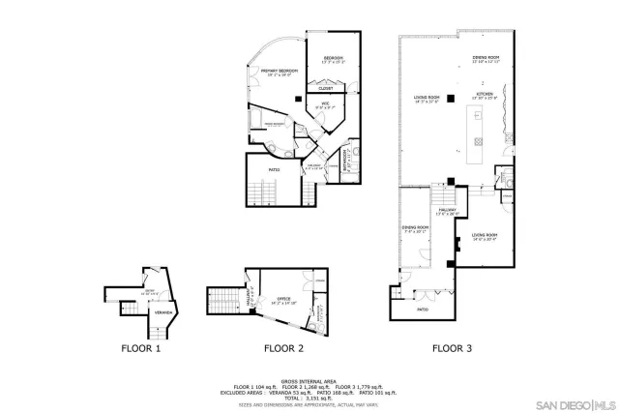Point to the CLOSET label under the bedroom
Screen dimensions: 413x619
point(326,89)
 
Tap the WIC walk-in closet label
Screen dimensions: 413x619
point(327,103)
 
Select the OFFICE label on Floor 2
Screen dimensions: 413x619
point(283,299)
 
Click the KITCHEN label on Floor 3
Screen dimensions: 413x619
point(484,95)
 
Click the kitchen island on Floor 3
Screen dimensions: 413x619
point(477,134)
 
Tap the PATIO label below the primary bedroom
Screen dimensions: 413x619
point(274,170)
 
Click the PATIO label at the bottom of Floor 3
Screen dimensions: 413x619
point(423,310)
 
